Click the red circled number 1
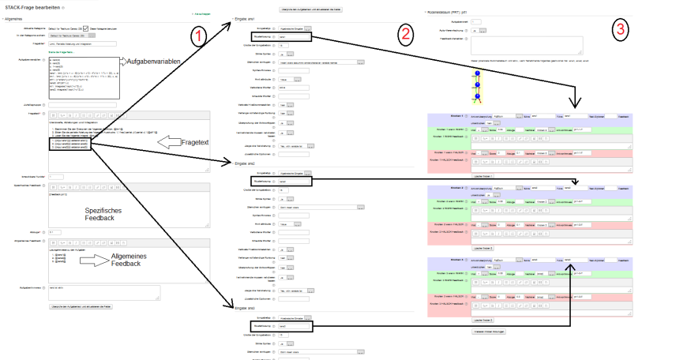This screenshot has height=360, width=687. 199,36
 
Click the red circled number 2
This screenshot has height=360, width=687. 405,33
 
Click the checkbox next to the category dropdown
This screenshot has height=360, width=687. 86,28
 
